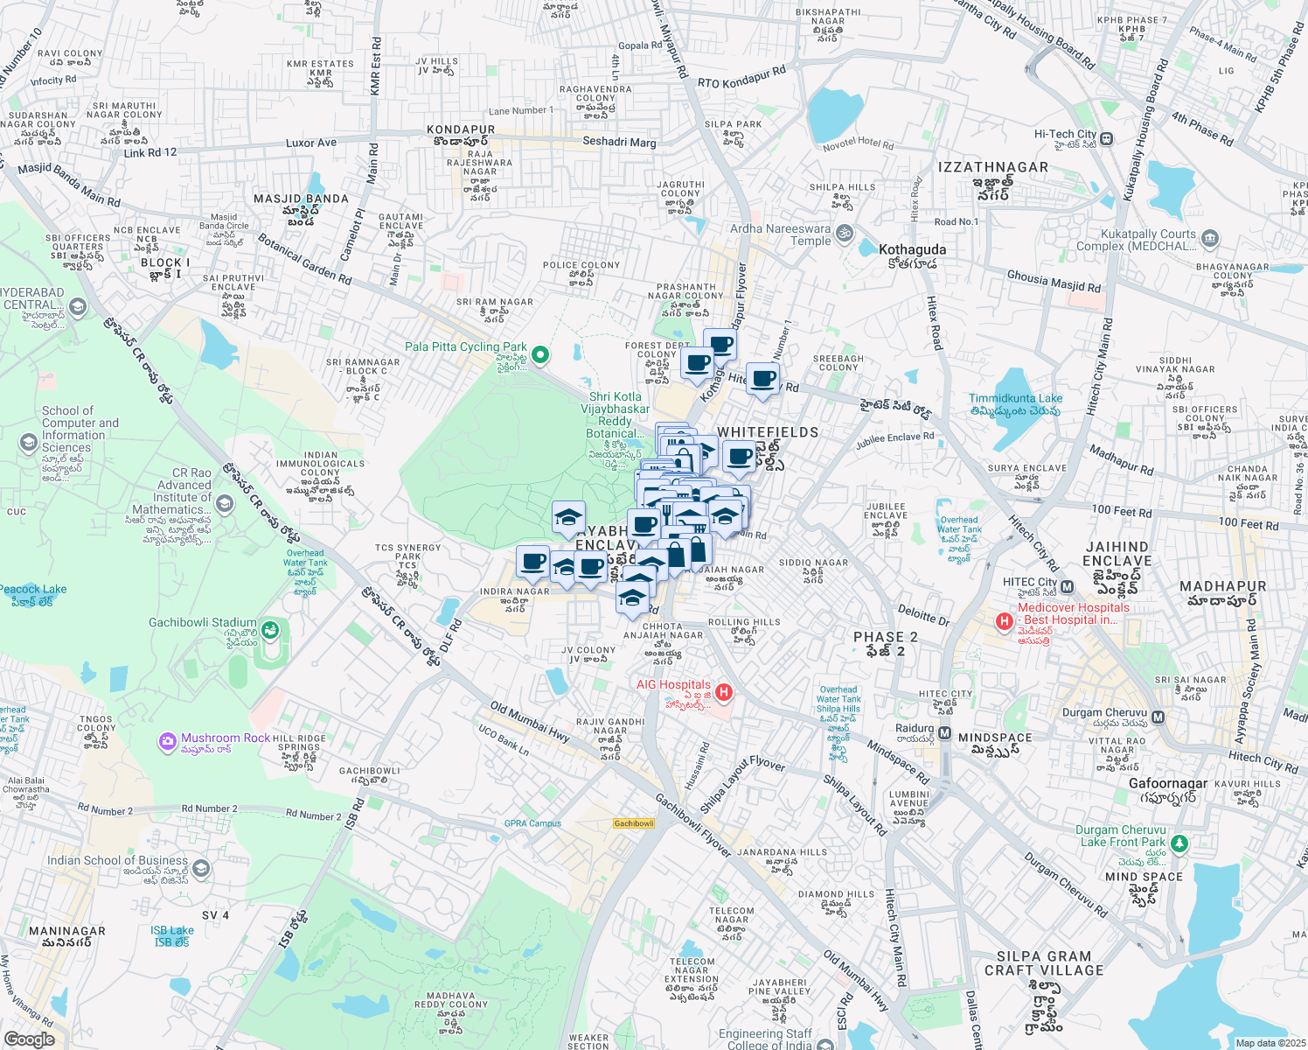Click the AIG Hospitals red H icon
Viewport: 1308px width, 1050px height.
pos(723,693)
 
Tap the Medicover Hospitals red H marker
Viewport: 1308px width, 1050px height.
pos(1004,621)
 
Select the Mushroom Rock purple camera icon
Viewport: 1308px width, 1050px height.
pos(167,742)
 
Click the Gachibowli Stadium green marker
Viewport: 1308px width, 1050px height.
pos(270,629)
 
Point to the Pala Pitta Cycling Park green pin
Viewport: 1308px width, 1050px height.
pos(540,354)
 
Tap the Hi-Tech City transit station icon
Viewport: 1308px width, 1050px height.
pos(1107,138)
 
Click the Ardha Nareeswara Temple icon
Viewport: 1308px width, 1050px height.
pos(844,234)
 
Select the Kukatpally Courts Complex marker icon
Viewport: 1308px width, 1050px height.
pos(1210,238)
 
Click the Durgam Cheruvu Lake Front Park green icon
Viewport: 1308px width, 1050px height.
pos(1179,843)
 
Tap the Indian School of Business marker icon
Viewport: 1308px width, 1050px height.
pos(201,868)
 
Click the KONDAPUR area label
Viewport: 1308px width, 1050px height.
pos(461,129)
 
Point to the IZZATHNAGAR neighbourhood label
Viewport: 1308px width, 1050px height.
pos(992,167)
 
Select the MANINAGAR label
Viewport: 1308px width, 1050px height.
pos(67,932)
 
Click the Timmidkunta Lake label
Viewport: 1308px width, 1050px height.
pos(1015,398)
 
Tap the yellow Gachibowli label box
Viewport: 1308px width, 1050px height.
pos(634,823)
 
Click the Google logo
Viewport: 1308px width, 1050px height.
pos(29,1039)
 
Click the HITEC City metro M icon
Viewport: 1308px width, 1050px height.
pos(1067,586)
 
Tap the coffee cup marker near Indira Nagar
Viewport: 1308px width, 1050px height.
pos(532,562)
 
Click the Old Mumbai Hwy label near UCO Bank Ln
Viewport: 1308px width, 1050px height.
pos(530,722)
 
